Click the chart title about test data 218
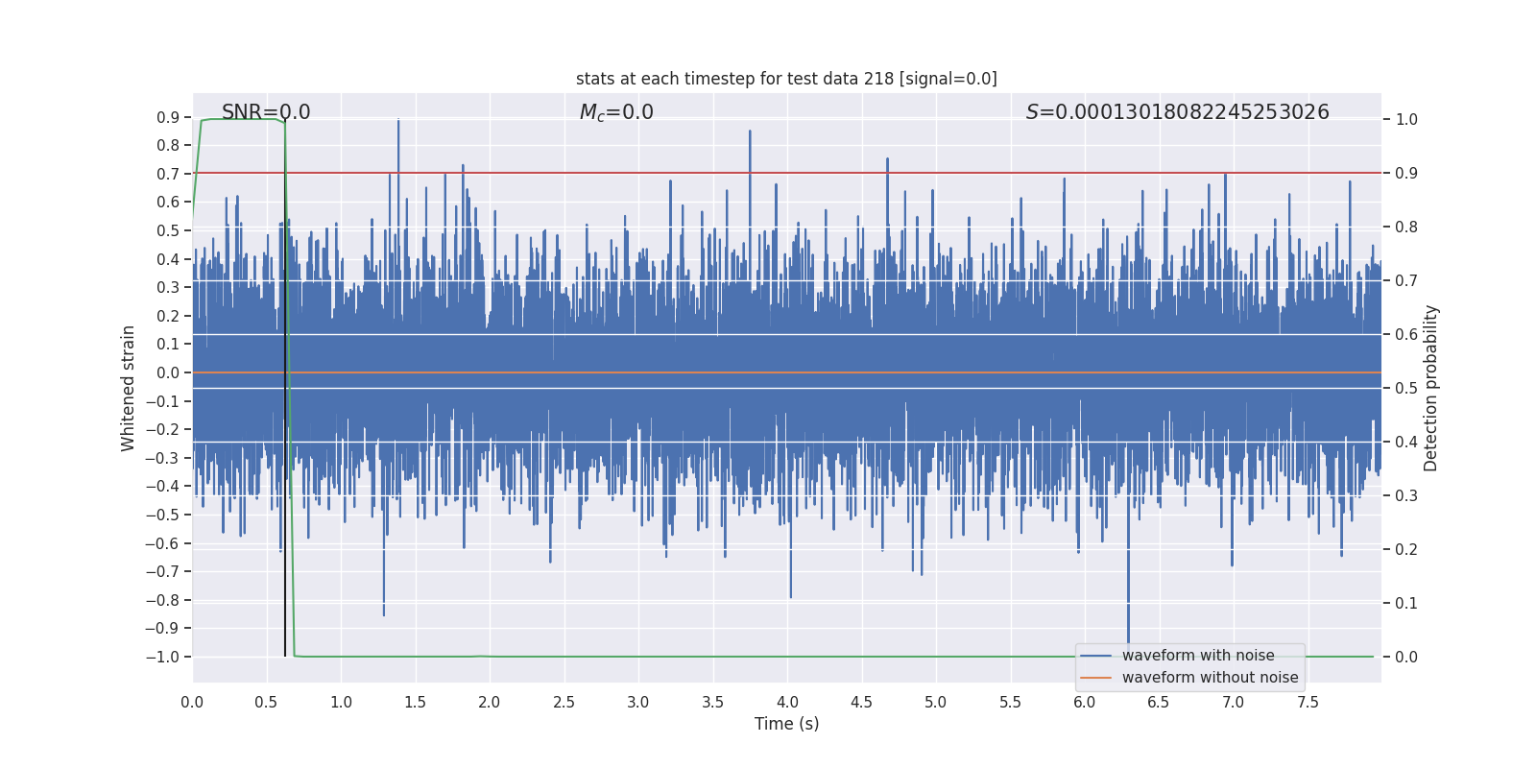pyautogui.click(x=786, y=79)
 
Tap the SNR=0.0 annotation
pyautogui.click(x=266, y=112)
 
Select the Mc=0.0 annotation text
pyautogui.click(x=616, y=112)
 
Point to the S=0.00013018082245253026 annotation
pyautogui.click(x=1177, y=112)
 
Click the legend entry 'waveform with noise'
pyautogui.click(x=1198, y=656)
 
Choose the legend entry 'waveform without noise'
pyautogui.click(x=1210, y=678)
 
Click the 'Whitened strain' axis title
pyautogui.click(x=129, y=388)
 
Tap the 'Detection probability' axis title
pyautogui.click(x=1431, y=388)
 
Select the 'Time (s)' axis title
pyautogui.click(x=786, y=724)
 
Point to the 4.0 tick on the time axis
pyautogui.click(x=787, y=703)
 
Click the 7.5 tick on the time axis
pyautogui.click(x=1308, y=703)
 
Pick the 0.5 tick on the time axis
pyautogui.click(x=267, y=703)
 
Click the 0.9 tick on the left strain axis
pyautogui.click(x=168, y=117)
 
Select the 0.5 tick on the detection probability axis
pyautogui.click(x=1406, y=388)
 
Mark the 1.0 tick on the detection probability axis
pyautogui.click(x=1406, y=119)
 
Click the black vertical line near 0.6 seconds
pyautogui.click(x=285, y=480)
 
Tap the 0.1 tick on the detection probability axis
pyautogui.click(x=1406, y=603)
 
